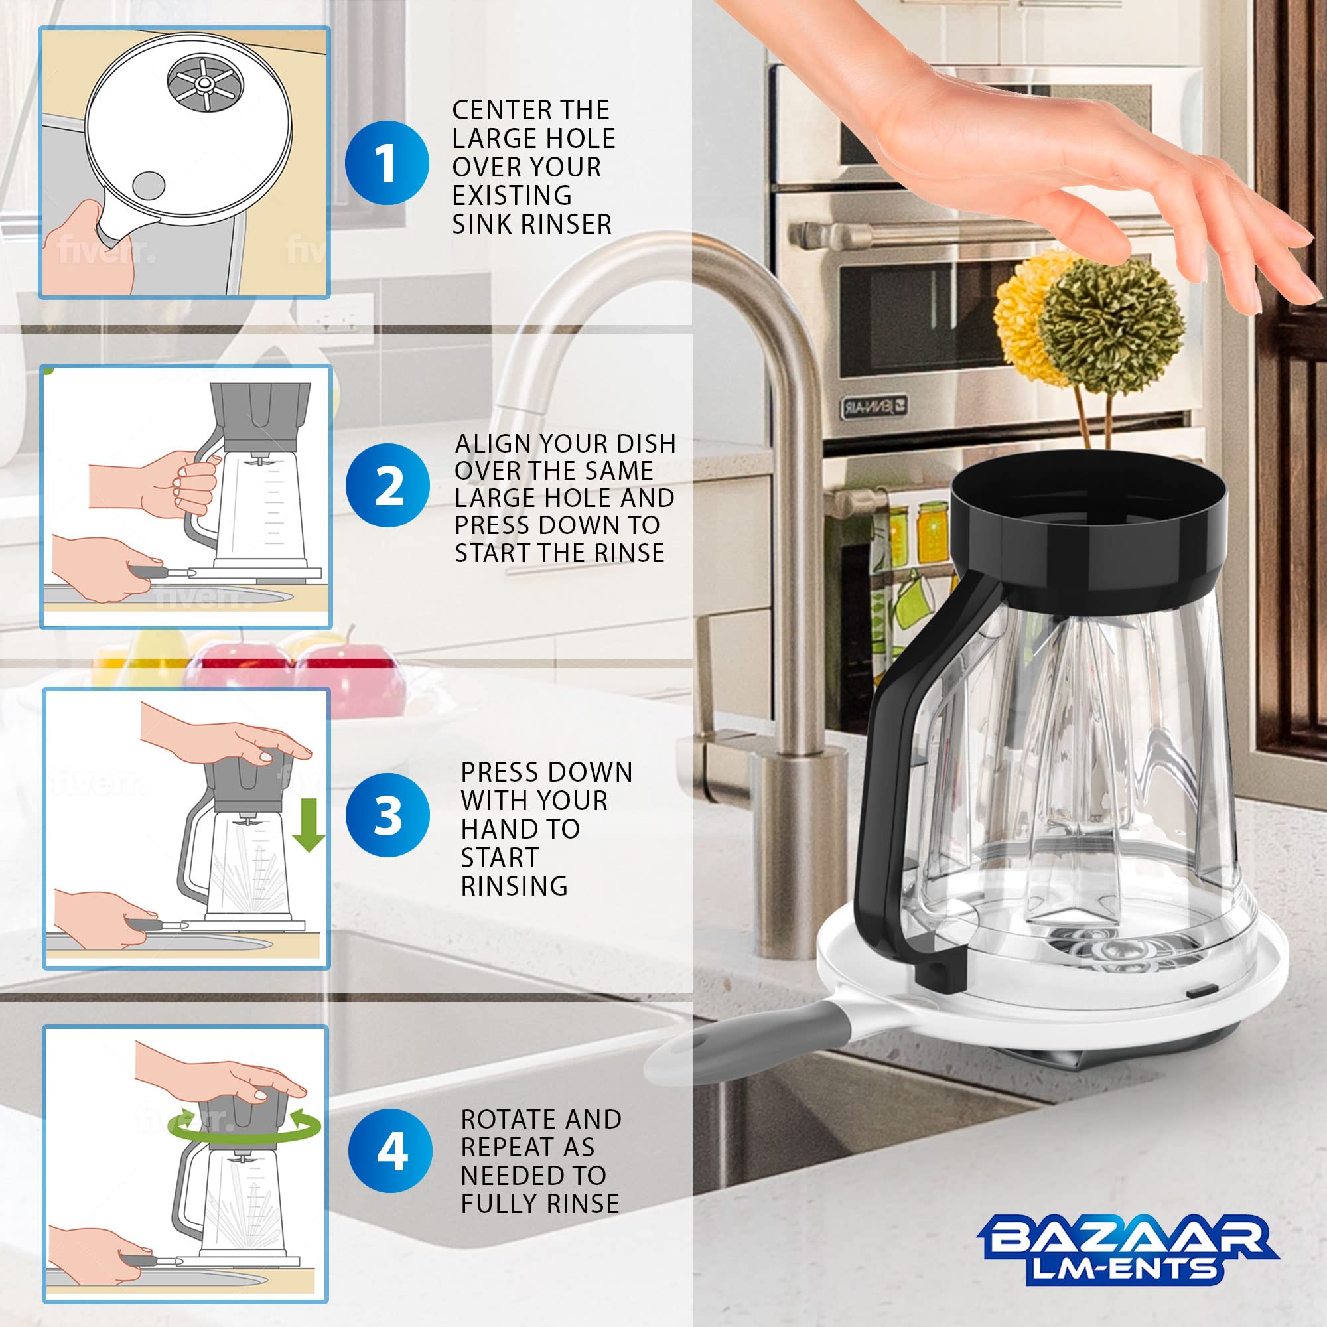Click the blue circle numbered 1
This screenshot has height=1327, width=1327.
(x=387, y=163)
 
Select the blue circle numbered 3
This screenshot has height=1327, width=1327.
(x=388, y=815)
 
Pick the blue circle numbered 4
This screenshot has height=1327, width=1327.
(x=390, y=1151)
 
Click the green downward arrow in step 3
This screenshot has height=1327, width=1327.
(x=308, y=824)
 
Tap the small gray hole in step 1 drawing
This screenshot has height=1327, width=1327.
(x=148, y=186)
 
